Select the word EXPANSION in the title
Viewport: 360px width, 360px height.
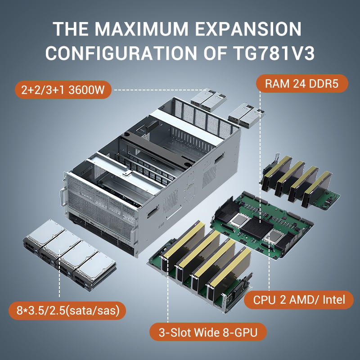(x=248, y=29)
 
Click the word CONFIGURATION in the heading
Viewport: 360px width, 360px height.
(x=121, y=53)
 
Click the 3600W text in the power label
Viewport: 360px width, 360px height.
(x=86, y=90)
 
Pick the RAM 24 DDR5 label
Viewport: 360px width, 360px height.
(x=302, y=84)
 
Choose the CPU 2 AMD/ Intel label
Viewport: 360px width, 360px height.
(x=299, y=300)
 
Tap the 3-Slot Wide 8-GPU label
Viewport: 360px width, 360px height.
(x=208, y=332)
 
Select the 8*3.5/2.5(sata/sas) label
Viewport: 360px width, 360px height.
(x=67, y=310)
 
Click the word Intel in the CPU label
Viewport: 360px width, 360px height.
(x=334, y=300)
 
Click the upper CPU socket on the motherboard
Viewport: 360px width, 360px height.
(x=240, y=220)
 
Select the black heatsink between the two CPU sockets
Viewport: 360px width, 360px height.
(x=256, y=228)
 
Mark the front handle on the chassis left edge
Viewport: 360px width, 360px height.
(x=62, y=197)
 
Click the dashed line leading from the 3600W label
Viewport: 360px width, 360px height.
(x=161, y=90)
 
